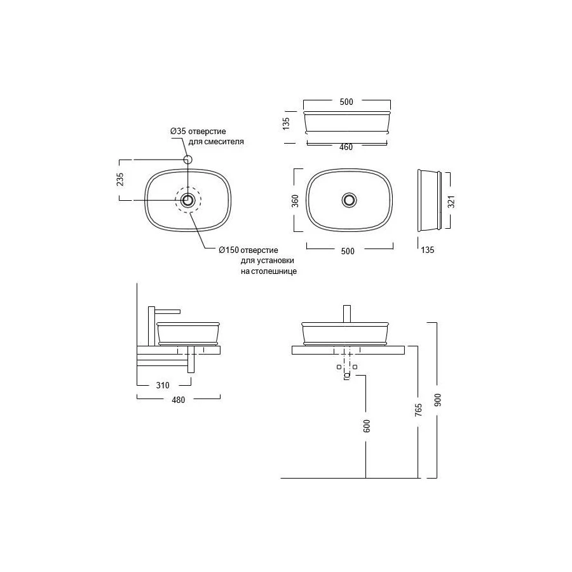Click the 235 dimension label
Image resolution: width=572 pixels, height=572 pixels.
pyautogui.click(x=120, y=179)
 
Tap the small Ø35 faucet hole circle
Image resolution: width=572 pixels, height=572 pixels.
pyautogui.click(x=187, y=160)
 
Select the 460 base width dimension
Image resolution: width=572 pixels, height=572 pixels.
pyautogui.click(x=346, y=147)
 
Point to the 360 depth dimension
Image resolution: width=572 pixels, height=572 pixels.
pyautogui.click(x=295, y=201)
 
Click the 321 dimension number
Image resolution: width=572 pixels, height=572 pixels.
pyautogui.click(x=451, y=201)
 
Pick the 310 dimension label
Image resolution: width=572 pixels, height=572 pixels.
pyautogui.click(x=163, y=385)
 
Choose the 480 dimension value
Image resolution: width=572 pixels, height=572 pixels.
pyautogui.click(x=179, y=400)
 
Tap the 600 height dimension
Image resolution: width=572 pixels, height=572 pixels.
pyautogui.click(x=367, y=426)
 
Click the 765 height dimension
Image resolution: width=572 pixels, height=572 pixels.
pyautogui.click(x=418, y=409)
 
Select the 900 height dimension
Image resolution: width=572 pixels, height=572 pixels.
pyautogui.click(x=438, y=400)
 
